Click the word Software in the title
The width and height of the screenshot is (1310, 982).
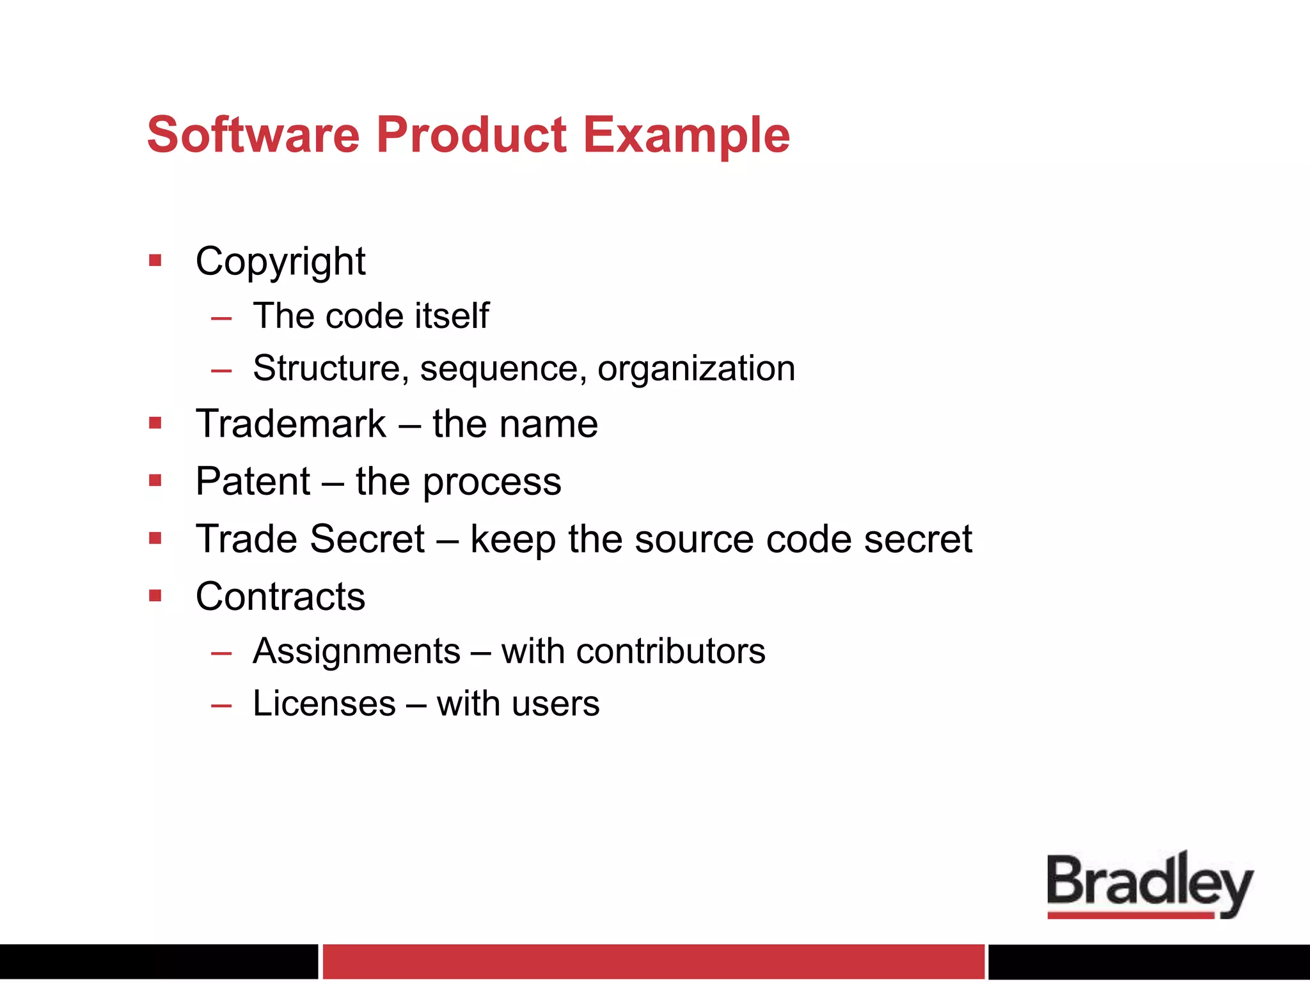(x=253, y=135)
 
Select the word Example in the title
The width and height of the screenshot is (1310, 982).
(x=686, y=136)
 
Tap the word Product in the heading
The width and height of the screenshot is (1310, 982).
(x=471, y=135)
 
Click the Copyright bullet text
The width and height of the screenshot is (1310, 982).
(x=280, y=261)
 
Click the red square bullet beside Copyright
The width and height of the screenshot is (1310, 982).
(x=155, y=260)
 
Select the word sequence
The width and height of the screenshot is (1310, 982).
(x=503, y=369)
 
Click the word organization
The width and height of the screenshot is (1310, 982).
(x=696, y=369)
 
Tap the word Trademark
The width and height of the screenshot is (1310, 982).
(x=291, y=424)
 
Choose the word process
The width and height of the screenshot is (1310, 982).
(x=492, y=483)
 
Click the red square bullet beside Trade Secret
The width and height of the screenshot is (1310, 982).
(x=155, y=538)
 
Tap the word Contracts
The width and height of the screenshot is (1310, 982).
(x=280, y=596)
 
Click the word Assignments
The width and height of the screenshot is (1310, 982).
(x=356, y=651)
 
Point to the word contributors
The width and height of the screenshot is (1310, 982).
(x=670, y=651)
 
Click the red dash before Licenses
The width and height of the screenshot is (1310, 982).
(x=221, y=706)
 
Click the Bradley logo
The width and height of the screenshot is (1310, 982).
(x=1149, y=884)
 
